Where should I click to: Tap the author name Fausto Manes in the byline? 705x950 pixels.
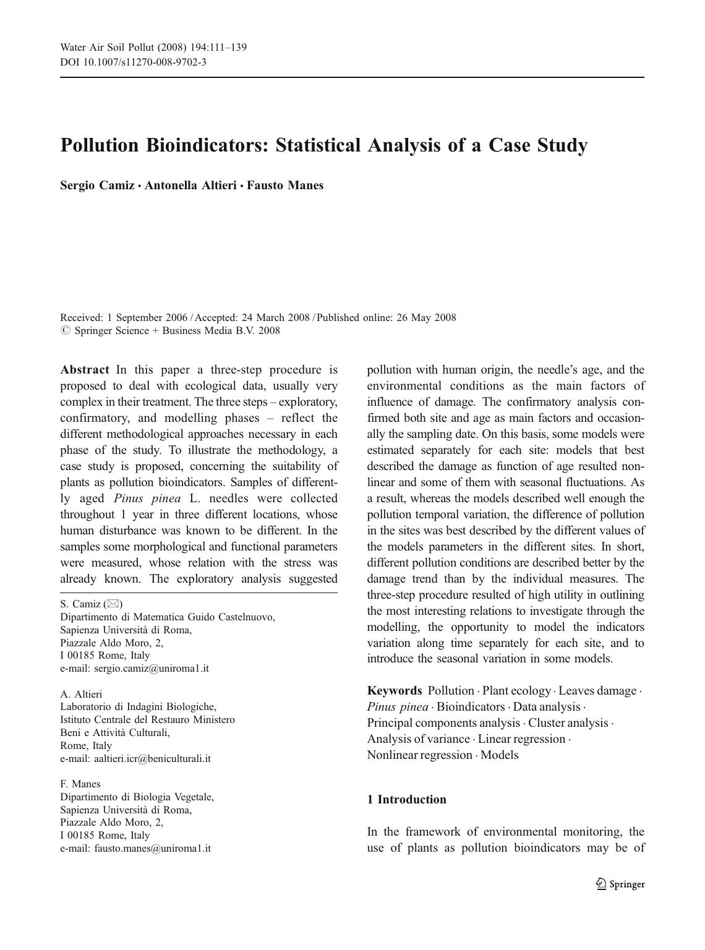pyautogui.click(x=285, y=186)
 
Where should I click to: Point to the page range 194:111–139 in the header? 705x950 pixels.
pyautogui.click(x=213, y=48)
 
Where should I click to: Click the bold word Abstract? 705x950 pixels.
pyautogui.click(x=85, y=370)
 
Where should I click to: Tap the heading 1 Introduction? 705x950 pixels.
pyautogui.click(x=406, y=800)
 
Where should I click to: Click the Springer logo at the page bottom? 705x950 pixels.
pyautogui.click(x=621, y=884)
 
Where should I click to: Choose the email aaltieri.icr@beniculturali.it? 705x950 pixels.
pyautogui.click(x=152, y=758)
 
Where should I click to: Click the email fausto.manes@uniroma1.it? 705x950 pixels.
pyautogui.click(x=152, y=849)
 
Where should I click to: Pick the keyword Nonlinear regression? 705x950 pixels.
pyautogui.click(x=419, y=755)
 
